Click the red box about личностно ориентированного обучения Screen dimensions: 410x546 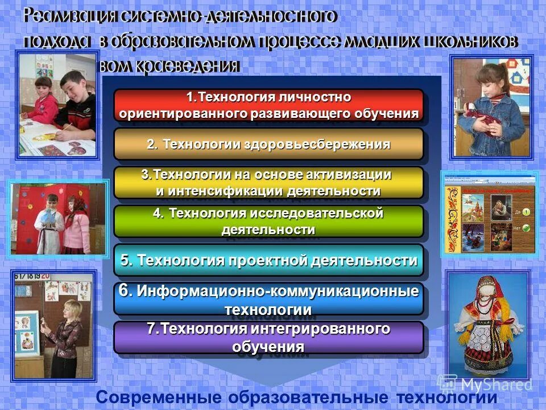coord(268,105)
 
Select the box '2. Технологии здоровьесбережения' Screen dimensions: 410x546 coord(268,144)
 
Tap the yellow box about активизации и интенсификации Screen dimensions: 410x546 coord(268,182)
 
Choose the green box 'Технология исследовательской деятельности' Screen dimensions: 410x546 coord(268,221)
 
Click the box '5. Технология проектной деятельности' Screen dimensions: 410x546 coord(268,260)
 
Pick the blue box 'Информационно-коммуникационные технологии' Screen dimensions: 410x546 coord(268,300)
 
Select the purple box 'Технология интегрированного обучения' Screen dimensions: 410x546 coord(268,337)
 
